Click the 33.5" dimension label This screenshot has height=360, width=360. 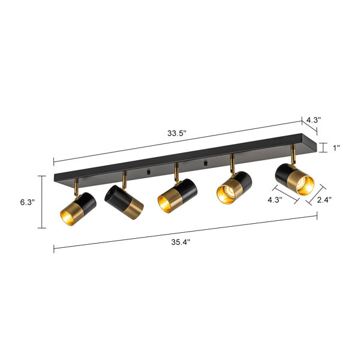click(x=176, y=133)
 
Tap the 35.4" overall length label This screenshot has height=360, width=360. click(x=181, y=242)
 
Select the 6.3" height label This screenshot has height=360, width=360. click(x=28, y=202)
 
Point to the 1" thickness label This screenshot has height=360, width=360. click(x=337, y=148)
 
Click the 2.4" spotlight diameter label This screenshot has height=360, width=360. click(x=325, y=200)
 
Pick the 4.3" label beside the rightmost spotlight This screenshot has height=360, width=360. click(x=275, y=200)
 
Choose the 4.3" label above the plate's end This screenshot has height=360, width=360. click(x=313, y=120)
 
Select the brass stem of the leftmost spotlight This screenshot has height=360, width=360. click(x=76, y=187)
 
